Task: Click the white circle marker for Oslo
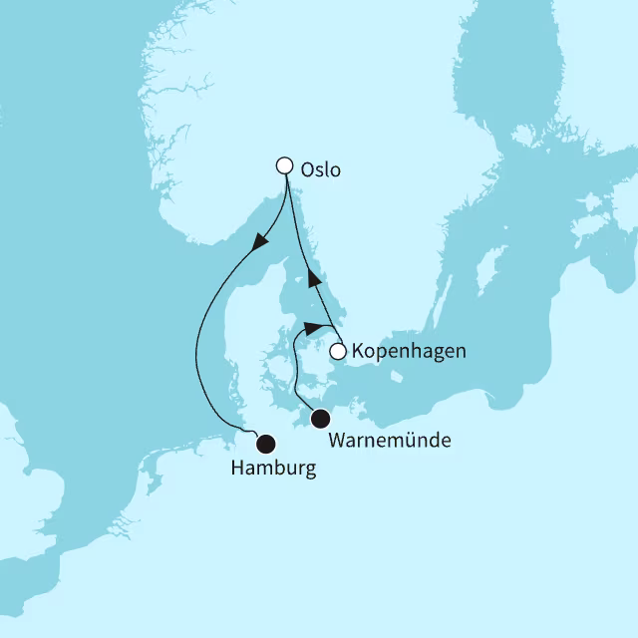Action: pyautogui.click(x=284, y=166)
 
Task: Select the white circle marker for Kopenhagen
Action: pyautogui.click(x=339, y=351)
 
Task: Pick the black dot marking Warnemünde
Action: pyautogui.click(x=321, y=419)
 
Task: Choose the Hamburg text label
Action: pyautogui.click(x=272, y=468)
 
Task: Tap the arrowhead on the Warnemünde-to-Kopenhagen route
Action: pyautogui.click(x=315, y=328)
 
